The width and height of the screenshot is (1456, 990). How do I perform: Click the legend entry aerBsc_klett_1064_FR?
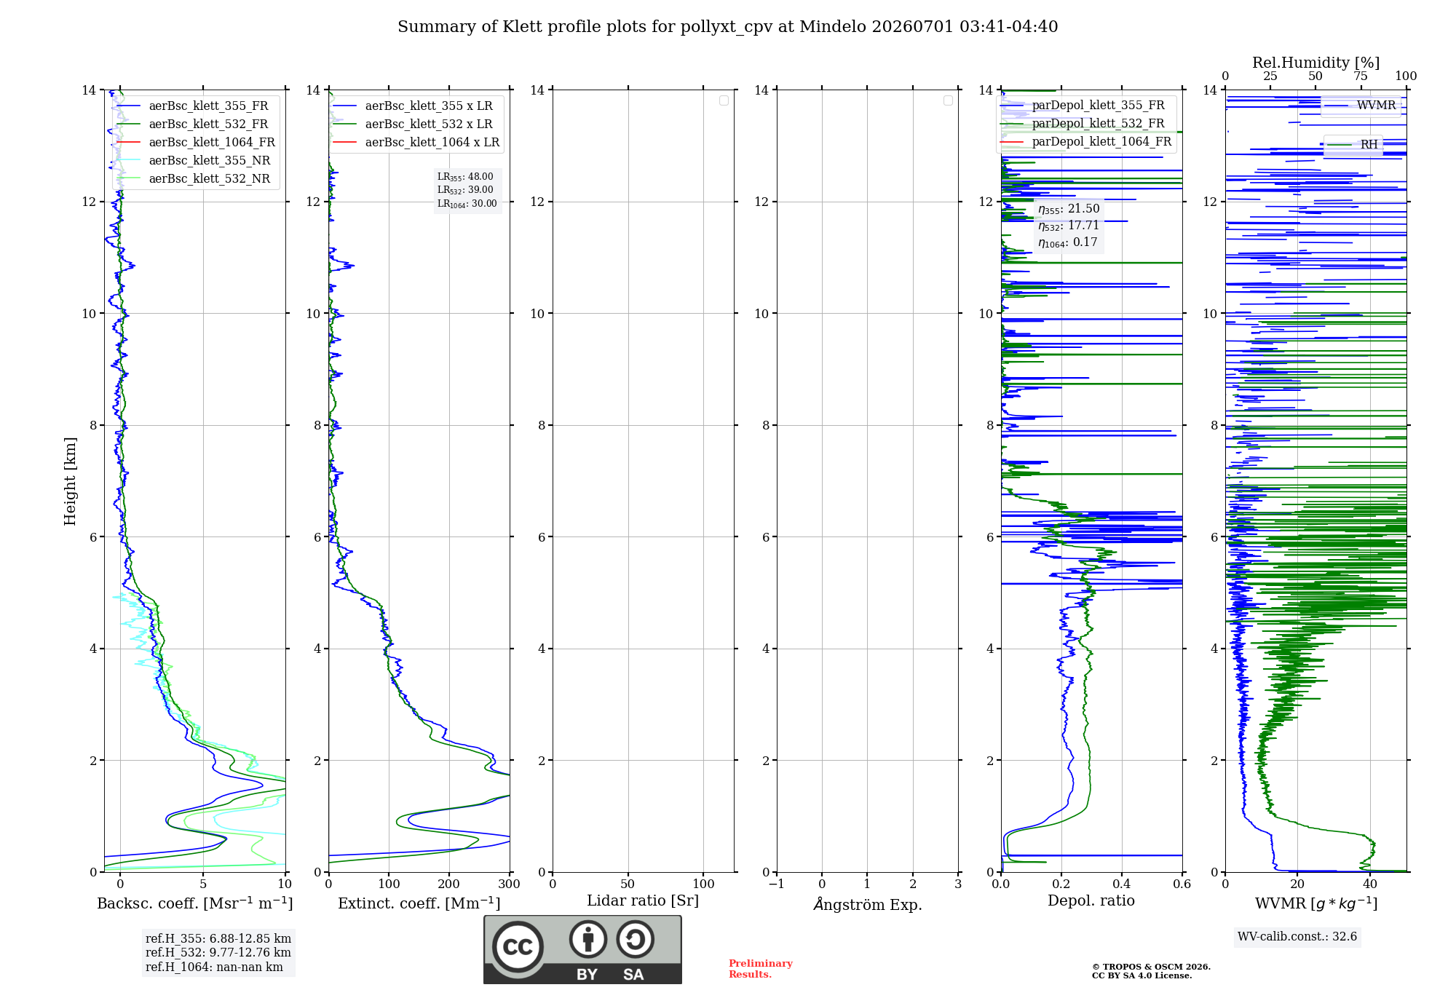coord(196,142)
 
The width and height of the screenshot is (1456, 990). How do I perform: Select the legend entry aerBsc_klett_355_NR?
coord(194,160)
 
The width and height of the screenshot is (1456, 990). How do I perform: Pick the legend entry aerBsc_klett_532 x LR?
coord(413,124)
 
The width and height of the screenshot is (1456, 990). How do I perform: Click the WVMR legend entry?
coord(1361,106)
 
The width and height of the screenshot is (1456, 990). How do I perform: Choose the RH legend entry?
coord(1353,145)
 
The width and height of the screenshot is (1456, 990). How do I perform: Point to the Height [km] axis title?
coord(70,481)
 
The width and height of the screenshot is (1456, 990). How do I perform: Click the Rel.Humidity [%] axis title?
coord(1316,63)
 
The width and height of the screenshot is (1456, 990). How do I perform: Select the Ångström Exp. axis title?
coord(868,904)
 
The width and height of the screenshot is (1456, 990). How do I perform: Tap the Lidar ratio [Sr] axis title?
coord(643,900)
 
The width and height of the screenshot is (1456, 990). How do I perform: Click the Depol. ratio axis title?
coord(1091,900)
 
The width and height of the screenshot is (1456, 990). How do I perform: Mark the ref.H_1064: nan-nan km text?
coord(214,967)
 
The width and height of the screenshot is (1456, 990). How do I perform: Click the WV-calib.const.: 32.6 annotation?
coord(1297,936)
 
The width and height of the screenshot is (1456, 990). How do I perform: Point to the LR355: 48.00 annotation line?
coord(465,177)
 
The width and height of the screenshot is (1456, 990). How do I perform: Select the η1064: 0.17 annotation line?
coord(1067,242)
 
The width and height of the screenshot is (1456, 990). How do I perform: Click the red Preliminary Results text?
coord(761,969)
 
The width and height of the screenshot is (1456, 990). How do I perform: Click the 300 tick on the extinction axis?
coord(510,884)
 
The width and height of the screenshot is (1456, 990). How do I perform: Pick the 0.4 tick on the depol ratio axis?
coord(1122,884)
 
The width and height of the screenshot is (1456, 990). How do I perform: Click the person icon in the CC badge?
coord(588,939)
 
